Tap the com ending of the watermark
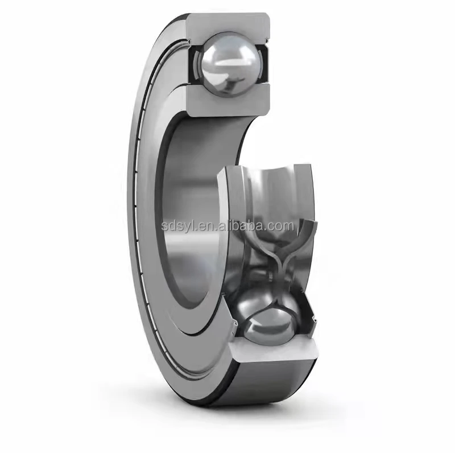point(283,226)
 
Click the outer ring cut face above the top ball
point(227,24)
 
